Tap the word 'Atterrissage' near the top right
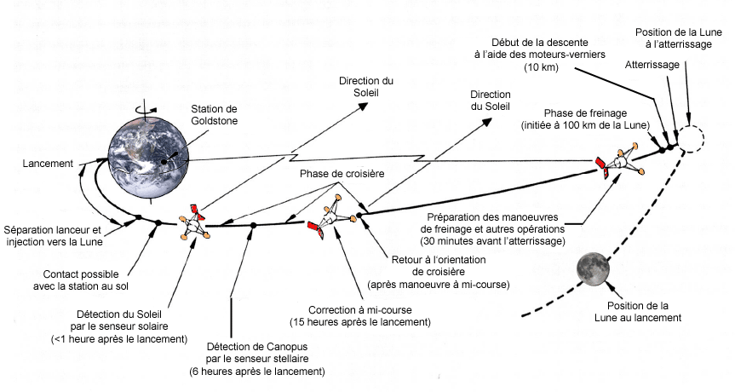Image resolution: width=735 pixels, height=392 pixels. click(x=652, y=66)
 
